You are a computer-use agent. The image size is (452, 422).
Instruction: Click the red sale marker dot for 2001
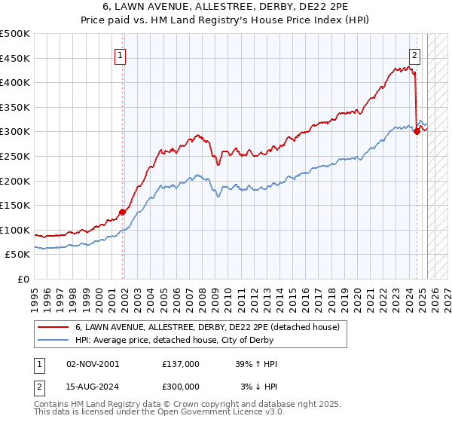click(122, 212)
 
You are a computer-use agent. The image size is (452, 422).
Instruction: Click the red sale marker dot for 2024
click(417, 132)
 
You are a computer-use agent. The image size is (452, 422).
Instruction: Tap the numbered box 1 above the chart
click(121, 54)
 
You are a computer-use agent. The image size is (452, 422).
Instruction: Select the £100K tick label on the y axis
click(16, 230)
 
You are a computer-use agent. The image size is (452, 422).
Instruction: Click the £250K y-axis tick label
click(16, 156)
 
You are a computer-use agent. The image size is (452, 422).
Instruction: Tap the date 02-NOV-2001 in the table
click(93, 364)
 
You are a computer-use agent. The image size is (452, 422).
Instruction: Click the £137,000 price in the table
click(181, 364)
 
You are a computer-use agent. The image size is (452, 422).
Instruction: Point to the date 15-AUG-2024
click(93, 387)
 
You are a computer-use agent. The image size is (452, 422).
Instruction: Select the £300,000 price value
click(181, 387)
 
